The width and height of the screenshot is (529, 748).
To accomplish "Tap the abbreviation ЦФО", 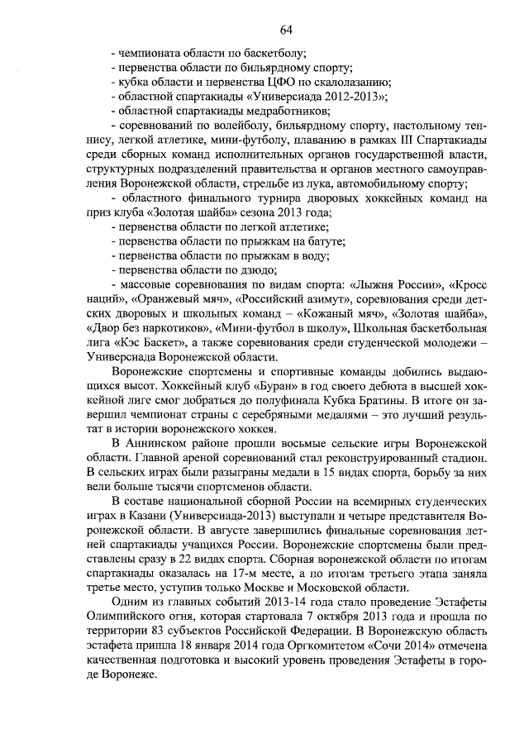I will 274,82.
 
